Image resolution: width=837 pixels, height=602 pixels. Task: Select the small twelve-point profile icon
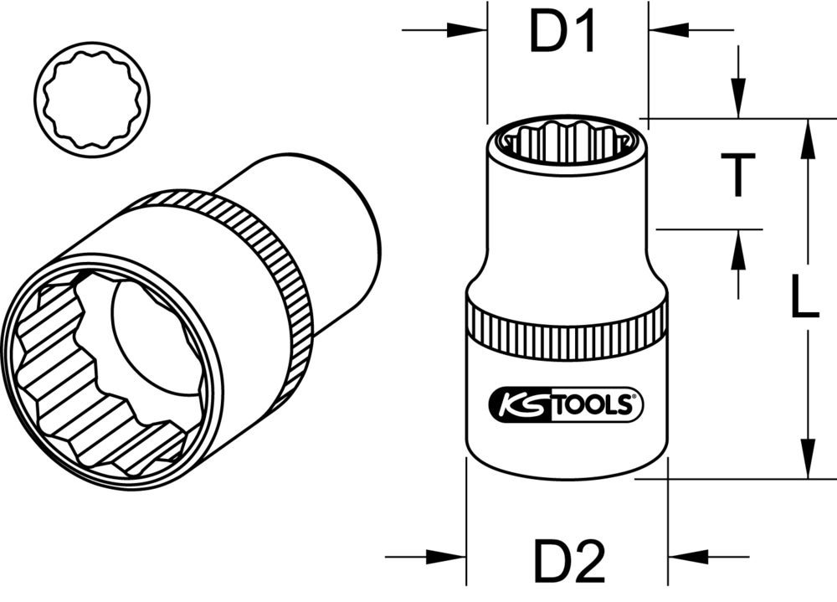click(94, 100)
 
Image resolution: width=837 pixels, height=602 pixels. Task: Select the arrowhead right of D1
click(666, 31)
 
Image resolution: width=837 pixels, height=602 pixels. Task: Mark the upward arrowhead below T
click(737, 249)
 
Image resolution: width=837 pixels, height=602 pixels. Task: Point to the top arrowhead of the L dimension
click(808, 138)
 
